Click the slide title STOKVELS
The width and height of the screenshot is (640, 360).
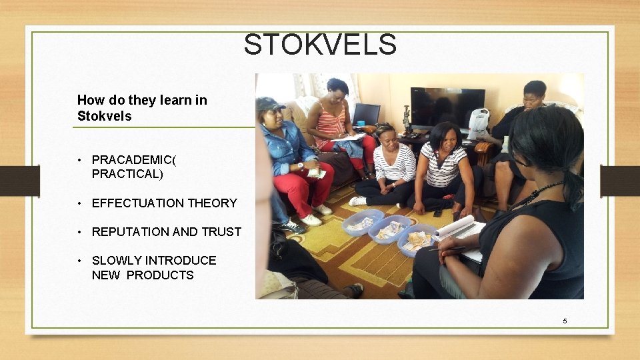(320, 45)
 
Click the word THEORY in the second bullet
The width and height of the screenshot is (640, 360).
(213, 203)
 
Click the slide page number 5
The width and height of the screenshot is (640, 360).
(565, 321)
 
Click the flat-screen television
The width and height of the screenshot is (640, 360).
(447, 107)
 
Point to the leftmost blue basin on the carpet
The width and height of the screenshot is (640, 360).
(362, 222)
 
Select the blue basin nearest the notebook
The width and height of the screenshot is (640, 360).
(417, 241)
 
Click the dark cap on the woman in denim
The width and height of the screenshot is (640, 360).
(269, 104)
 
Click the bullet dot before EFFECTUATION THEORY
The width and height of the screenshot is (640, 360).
(79, 203)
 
